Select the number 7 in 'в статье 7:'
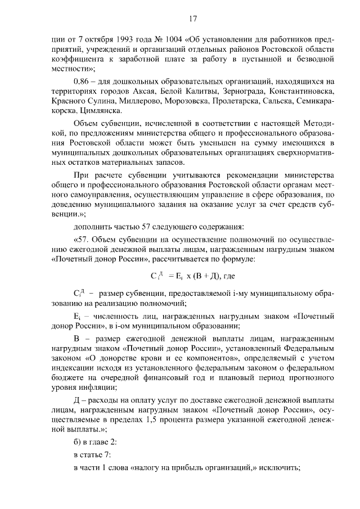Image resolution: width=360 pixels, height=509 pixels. (x=109, y=455)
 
